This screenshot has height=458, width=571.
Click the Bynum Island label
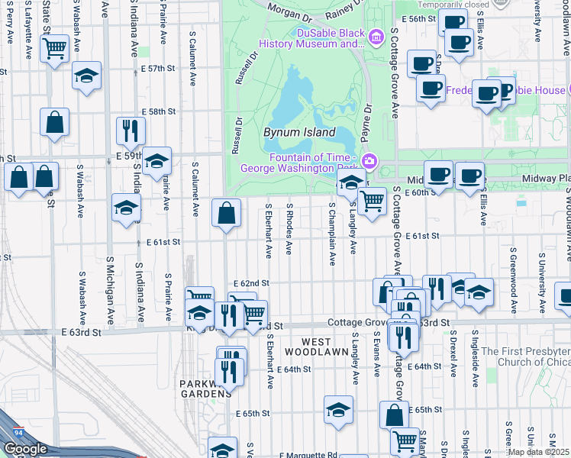[x=299, y=132]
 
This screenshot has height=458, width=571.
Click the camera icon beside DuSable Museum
[x=375, y=37]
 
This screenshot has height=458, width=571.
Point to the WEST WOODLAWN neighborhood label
[x=315, y=347]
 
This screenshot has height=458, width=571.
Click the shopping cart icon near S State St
[x=54, y=50]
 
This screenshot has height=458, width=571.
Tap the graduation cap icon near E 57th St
[x=87, y=76]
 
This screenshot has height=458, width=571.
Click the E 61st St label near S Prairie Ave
[x=163, y=242]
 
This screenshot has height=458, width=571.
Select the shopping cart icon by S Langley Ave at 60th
[x=372, y=202]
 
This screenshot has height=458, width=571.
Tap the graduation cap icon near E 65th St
[x=338, y=410]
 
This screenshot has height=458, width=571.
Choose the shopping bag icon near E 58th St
[x=55, y=122]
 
